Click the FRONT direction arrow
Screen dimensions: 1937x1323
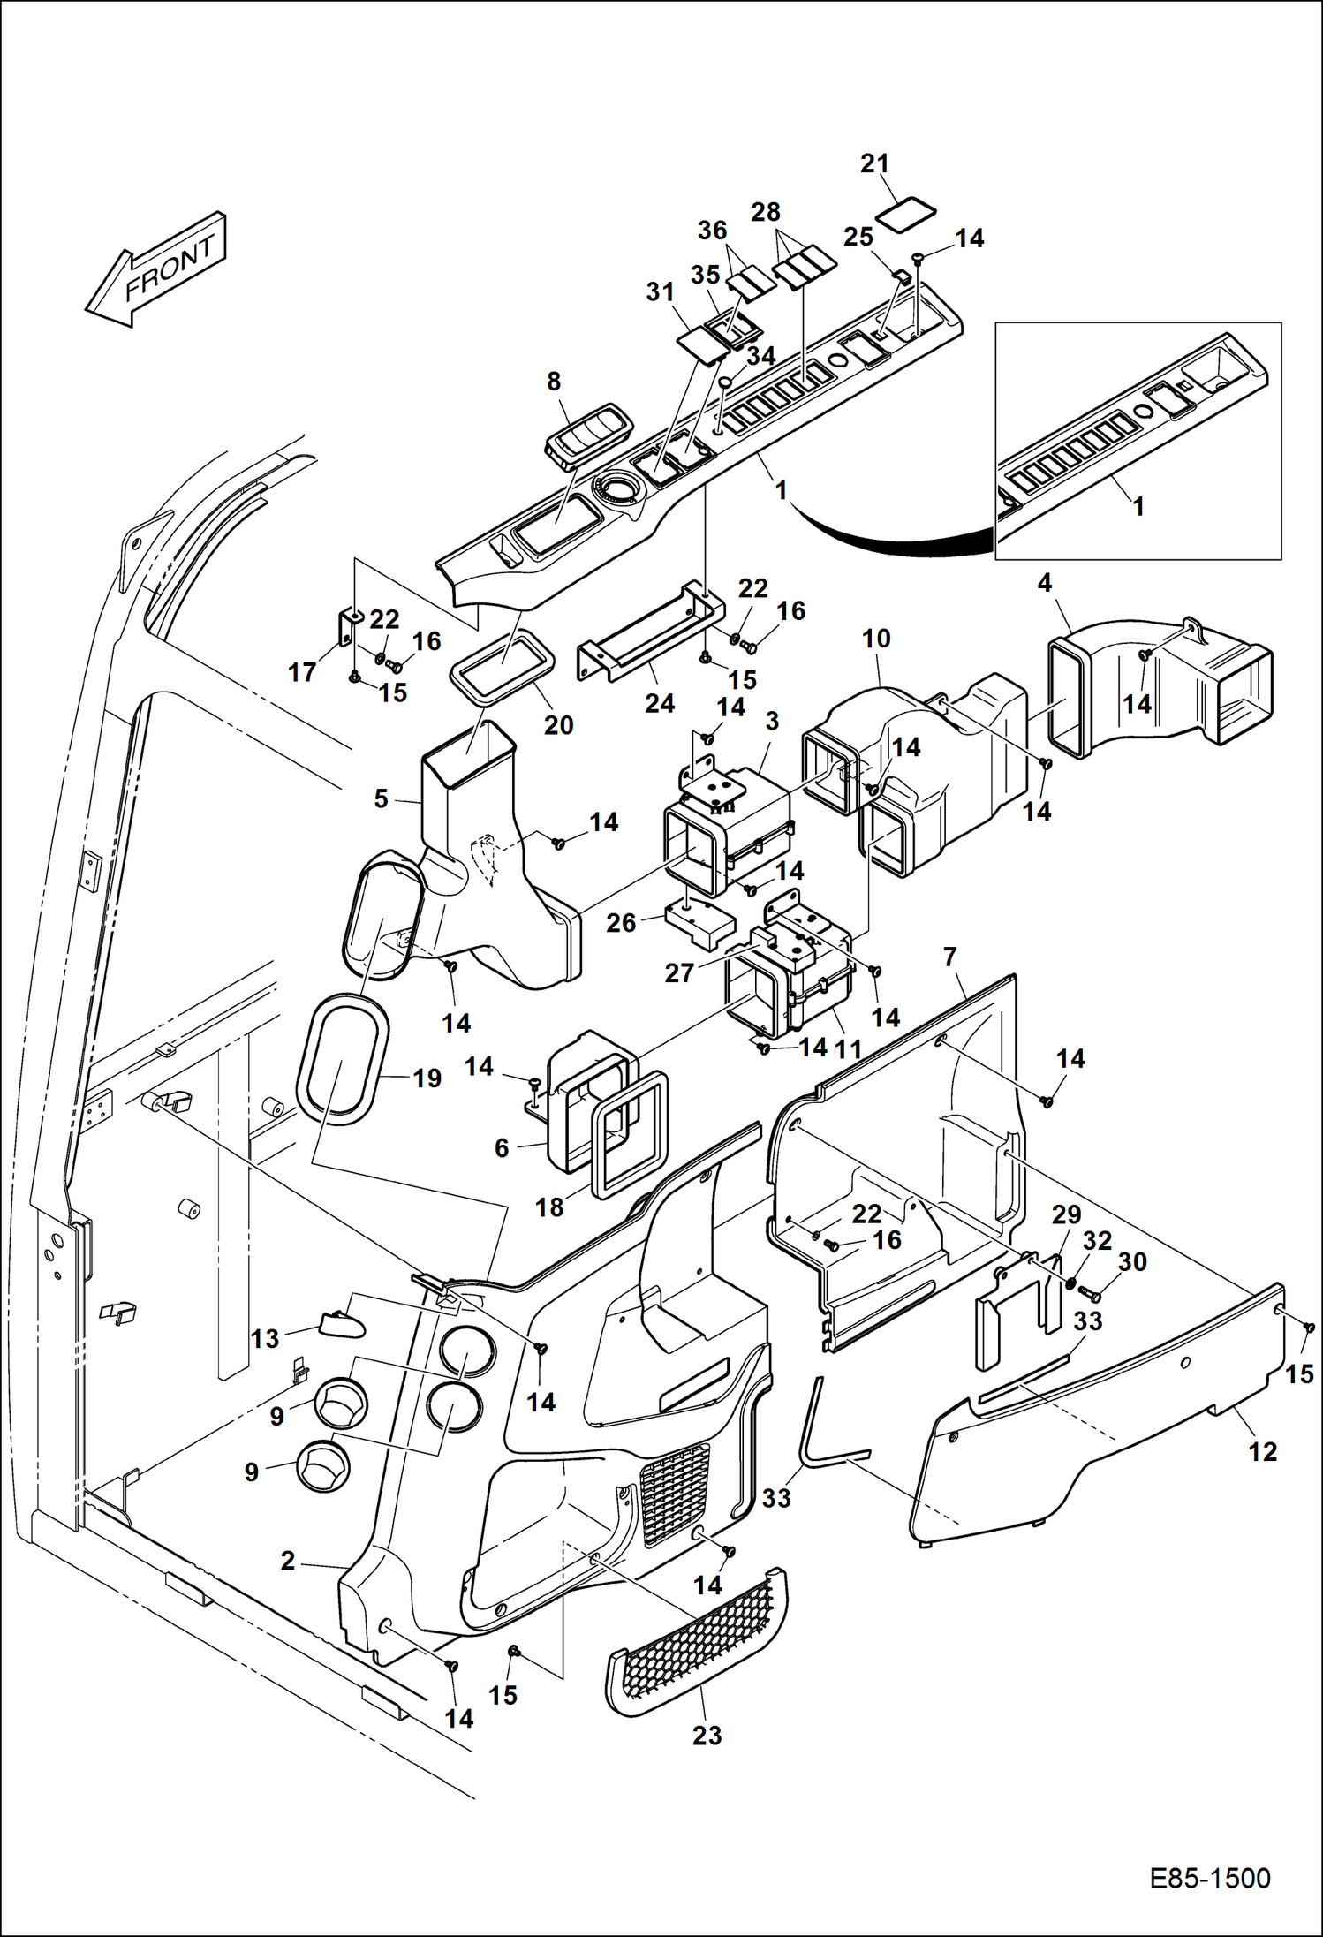157,269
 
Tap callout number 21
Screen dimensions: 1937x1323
874,164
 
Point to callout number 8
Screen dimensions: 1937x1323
554,382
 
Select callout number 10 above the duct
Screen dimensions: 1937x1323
876,639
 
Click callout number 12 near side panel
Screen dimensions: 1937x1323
1262,1452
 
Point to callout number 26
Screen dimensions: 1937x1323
621,923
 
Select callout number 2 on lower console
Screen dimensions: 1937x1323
288,1562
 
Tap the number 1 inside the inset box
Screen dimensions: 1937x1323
1138,506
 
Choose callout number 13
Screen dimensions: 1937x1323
264,1339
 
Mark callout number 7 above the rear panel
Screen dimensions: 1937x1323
950,957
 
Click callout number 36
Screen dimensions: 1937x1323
712,231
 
